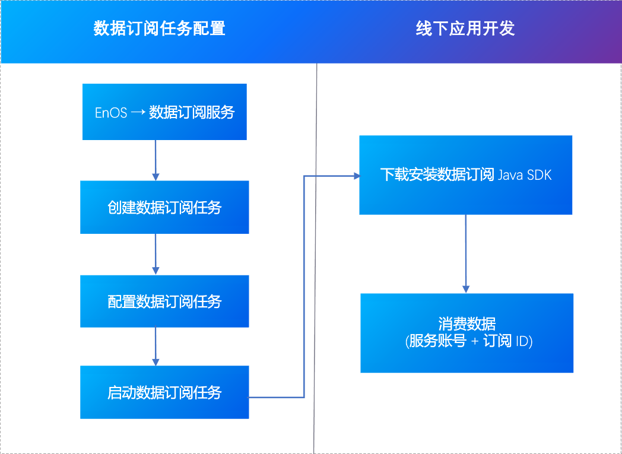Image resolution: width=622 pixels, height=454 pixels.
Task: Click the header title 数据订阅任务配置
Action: pyautogui.click(x=159, y=28)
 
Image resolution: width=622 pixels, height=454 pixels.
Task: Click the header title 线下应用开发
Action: pyautogui.click(x=465, y=28)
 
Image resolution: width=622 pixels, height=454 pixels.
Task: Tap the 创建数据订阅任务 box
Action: pyautogui.click(x=164, y=207)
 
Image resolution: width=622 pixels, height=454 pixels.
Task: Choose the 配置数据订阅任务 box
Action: pyautogui.click(x=164, y=301)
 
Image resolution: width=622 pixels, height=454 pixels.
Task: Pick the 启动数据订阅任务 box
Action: pyautogui.click(x=164, y=392)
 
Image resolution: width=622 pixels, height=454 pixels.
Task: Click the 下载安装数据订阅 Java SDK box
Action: pyautogui.click(x=465, y=175)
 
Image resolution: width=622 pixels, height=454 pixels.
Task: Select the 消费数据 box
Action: pyautogui.click(x=466, y=333)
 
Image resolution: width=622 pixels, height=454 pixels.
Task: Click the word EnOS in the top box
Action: pyautogui.click(x=111, y=113)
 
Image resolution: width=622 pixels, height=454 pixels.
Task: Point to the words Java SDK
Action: pyautogui.click(x=525, y=175)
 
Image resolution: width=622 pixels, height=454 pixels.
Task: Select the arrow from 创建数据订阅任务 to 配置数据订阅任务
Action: pyautogui.click(x=155, y=254)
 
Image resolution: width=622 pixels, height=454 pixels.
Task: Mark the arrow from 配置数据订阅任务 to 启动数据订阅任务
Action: pyautogui.click(x=155, y=347)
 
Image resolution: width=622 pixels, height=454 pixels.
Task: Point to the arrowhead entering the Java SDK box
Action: pyautogui.click(x=357, y=176)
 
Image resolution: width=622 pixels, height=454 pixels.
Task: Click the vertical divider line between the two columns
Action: pyautogui.click(x=316, y=267)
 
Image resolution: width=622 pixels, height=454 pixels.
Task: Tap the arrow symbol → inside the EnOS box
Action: pyautogui.click(x=138, y=113)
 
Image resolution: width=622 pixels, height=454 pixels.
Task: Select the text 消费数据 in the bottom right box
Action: pyautogui.click(x=466, y=324)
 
